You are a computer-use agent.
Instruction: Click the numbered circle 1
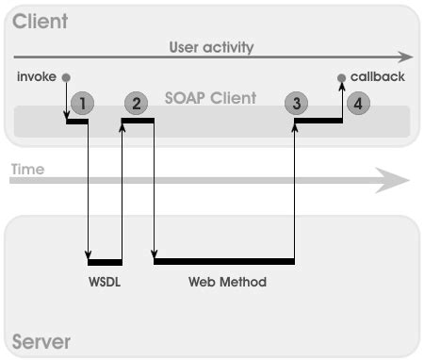coord(83,103)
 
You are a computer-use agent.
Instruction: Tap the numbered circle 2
coord(137,103)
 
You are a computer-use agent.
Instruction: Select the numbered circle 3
coord(297,104)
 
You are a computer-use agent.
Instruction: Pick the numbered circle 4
coord(357,104)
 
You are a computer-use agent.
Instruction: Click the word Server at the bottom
coord(41,340)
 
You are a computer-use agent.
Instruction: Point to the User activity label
coord(211,46)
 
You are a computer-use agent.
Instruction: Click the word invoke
coord(37,76)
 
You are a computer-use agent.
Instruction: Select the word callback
coord(377,76)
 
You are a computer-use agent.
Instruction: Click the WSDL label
coord(105,282)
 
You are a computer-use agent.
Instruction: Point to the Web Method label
coord(227,282)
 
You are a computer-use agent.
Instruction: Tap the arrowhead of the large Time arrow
coord(393,179)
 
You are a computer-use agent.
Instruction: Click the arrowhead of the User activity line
coord(407,57)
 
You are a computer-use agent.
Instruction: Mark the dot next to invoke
coord(66,77)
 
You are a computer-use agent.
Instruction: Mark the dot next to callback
coord(341,77)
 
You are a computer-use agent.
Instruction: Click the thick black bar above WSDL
coord(105,262)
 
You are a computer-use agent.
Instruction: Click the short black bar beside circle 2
coord(138,120)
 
